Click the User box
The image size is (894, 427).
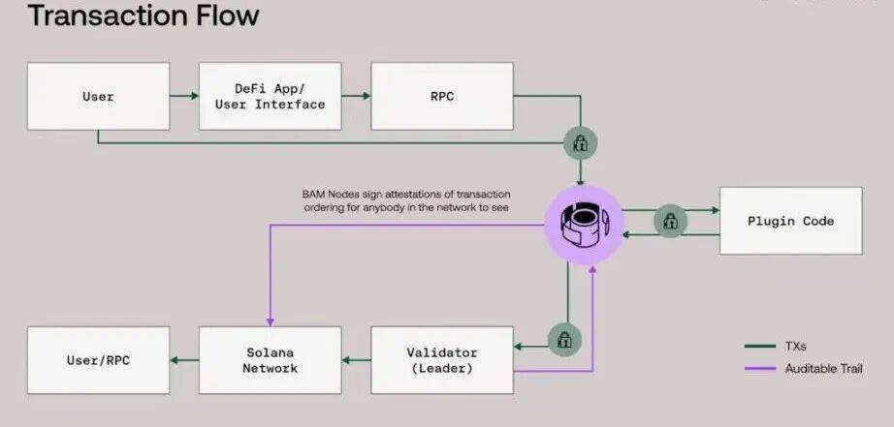click(98, 97)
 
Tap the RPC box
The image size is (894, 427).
click(441, 97)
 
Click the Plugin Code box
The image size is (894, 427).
click(790, 221)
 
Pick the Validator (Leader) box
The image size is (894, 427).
click(442, 359)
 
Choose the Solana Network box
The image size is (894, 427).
click(270, 359)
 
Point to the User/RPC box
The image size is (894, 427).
click(98, 360)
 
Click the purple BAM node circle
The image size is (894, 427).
click(584, 225)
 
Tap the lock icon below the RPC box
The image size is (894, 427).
click(581, 144)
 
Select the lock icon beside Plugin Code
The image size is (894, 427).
click(670, 221)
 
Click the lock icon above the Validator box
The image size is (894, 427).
click(563, 339)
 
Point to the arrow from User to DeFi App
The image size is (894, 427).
click(183, 96)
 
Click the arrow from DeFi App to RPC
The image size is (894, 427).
click(356, 96)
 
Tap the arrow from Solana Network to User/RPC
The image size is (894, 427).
click(184, 359)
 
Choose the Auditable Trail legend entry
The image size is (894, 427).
click(809, 368)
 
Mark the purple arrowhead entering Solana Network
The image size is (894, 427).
click(270, 320)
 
